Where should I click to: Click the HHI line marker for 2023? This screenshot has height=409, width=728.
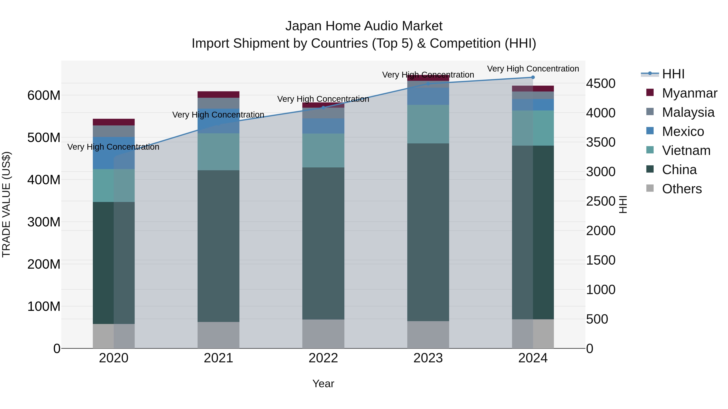pos(428,84)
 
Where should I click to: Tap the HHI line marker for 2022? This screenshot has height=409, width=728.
pos(323,107)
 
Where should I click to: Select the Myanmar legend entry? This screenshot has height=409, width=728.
pos(689,93)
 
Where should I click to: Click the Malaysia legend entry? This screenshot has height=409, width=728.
pos(688,112)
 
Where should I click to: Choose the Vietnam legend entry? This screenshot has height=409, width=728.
pos(686,150)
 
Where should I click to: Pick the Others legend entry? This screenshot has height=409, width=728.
pos(682,189)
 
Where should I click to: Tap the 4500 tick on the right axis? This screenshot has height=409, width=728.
pos(601,84)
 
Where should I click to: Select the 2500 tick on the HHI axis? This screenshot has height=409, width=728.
pos(601,201)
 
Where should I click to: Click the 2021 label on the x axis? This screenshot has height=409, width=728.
pos(218,358)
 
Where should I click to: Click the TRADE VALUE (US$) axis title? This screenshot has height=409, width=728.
pos(6,204)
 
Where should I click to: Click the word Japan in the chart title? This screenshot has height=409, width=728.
pos(303,26)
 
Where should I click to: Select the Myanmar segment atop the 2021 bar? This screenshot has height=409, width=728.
pos(218,95)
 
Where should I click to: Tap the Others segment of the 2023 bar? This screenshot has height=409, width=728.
pos(428,334)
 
